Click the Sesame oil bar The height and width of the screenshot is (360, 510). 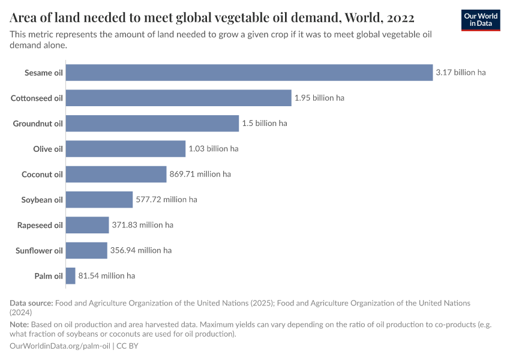[x=249, y=73]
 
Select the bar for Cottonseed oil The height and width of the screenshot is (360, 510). [x=178, y=98]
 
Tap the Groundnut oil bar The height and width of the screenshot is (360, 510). [x=152, y=123]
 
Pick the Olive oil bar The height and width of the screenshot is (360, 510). [x=125, y=148]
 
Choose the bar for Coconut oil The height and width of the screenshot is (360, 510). [x=116, y=174]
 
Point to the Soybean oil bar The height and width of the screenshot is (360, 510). [x=99, y=199]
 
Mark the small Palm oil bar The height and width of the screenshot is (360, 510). [x=70, y=275]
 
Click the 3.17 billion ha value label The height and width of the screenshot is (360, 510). [x=461, y=73]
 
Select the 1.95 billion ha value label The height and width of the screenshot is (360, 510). [x=319, y=98]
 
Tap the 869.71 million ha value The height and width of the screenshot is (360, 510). [x=200, y=174]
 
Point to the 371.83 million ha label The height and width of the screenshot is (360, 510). [x=142, y=225]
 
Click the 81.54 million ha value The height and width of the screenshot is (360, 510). [x=107, y=275]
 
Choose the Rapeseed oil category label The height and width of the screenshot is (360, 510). [x=40, y=225]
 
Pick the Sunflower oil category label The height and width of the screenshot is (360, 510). [x=39, y=250]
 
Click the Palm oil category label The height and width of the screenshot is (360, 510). [x=49, y=275]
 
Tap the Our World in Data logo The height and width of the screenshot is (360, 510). [x=480, y=20]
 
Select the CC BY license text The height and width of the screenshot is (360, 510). [x=124, y=346]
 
